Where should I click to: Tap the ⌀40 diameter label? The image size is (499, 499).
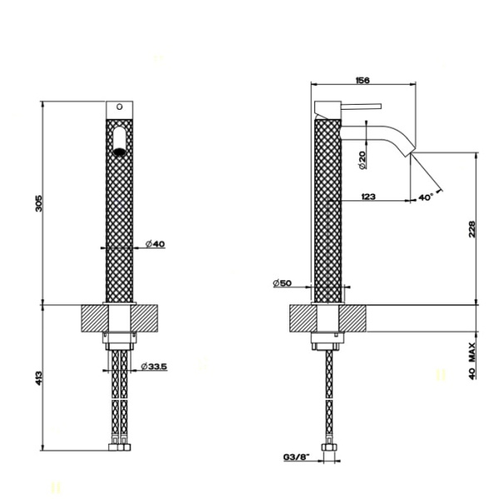tap(156, 244)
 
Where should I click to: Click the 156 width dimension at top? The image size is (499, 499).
tap(363, 80)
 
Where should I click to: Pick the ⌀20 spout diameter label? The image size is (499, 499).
tap(363, 160)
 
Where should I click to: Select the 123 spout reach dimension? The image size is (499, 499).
tap(369, 197)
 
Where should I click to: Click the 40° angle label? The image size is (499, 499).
tap(425, 197)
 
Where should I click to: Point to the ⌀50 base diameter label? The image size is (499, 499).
tap(281, 284)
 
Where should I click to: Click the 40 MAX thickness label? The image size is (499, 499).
tap(472, 360)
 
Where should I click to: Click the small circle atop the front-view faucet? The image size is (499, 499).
tap(119, 107)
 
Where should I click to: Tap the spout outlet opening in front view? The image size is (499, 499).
tap(119, 151)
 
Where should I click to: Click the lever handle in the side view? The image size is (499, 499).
tap(359, 106)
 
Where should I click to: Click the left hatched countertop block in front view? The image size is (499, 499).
tap(92, 319)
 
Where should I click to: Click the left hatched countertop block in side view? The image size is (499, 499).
tap(300, 319)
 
